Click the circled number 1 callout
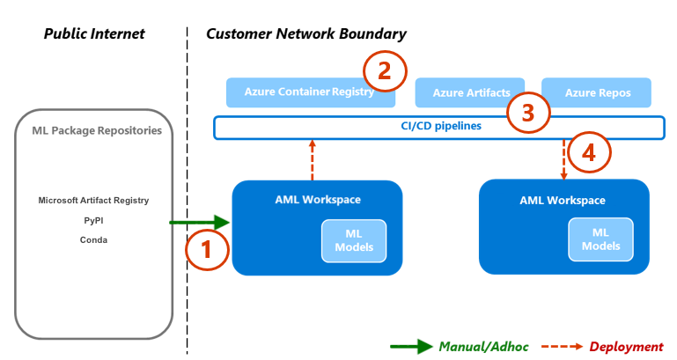point(207,249)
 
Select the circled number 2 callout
point(384,71)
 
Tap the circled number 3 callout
point(528,112)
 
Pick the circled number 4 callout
point(588,152)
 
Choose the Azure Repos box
point(597,92)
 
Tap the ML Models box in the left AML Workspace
point(354,240)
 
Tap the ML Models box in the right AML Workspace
point(600,240)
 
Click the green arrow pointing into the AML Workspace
point(199,224)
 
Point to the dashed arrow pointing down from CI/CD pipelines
point(563,158)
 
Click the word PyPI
point(93,220)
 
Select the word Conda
point(93,239)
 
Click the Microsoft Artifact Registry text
point(93,200)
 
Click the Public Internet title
point(94,33)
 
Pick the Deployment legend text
point(626,346)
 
